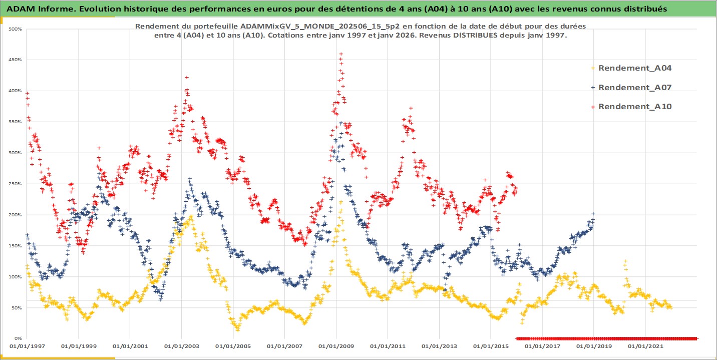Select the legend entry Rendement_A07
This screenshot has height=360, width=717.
634,87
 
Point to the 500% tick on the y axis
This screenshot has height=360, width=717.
16,29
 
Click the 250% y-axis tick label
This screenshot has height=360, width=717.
16,184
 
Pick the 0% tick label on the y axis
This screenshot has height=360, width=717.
18,338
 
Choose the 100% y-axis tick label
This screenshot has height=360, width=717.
16,277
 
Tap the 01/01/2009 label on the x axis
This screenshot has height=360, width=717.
336,346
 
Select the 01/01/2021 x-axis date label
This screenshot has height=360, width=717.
645,346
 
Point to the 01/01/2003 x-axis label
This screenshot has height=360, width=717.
181,346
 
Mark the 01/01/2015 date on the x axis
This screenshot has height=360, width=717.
491,346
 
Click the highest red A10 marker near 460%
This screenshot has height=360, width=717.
341,54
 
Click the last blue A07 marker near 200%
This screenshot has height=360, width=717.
593,214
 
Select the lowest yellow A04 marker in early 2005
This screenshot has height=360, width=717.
238,330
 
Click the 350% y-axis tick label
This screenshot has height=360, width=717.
16,122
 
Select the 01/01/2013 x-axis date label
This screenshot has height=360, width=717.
439,346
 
